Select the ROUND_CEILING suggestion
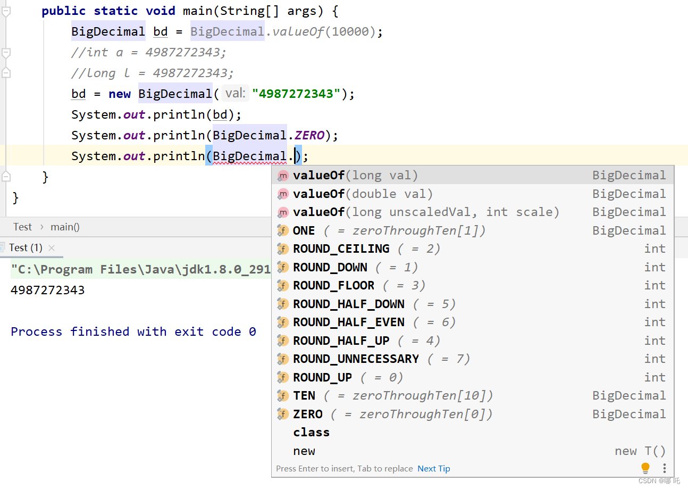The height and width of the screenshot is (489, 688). tap(341, 248)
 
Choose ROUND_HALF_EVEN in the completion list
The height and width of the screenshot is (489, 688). tap(348, 322)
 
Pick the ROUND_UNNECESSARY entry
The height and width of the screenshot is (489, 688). tap(356, 359)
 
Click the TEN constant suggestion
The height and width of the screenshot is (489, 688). tap(304, 395)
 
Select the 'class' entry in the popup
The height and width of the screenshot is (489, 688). tap(311, 432)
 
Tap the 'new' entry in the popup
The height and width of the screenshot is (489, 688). tap(304, 451)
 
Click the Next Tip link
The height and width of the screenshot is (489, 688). tap(433, 468)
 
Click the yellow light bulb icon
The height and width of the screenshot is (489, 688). tap(645, 468)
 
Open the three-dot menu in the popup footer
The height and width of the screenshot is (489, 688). tap(664, 468)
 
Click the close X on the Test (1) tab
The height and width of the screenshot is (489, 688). tap(52, 247)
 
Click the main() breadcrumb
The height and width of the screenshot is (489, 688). tap(65, 227)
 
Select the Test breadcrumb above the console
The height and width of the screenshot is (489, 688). tap(23, 227)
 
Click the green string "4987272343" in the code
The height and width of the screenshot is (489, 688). tap(296, 94)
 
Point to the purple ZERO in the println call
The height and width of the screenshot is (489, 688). tap(309, 135)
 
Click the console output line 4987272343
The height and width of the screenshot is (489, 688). tap(47, 290)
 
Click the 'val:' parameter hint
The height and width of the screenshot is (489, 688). tap(235, 94)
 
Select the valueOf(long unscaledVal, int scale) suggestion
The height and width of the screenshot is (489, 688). tap(425, 212)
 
